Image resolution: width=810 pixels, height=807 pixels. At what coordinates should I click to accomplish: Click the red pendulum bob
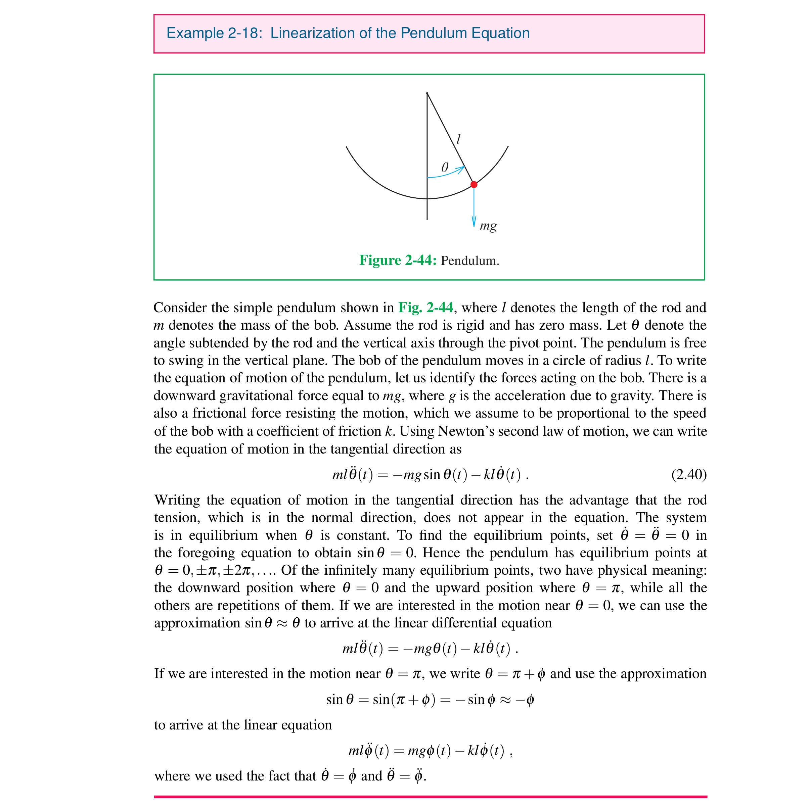tap(474, 184)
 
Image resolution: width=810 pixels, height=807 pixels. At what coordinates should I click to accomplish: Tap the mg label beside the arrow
tap(488, 226)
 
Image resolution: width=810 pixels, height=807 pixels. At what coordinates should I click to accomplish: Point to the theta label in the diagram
tap(445, 168)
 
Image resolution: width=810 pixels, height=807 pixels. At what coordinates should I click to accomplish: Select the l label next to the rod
tap(459, 139)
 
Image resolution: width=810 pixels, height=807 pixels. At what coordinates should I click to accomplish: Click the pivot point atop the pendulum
tap(427, 93)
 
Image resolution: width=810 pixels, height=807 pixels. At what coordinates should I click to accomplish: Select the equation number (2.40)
tap(689, 474)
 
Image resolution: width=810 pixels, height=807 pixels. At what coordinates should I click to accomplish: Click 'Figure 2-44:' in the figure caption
tap(398, 260)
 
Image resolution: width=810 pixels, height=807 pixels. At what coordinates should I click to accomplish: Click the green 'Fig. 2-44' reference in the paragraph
tap(425, 307)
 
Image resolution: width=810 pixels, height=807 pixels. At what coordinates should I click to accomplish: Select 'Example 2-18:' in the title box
tap(214, 33)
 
